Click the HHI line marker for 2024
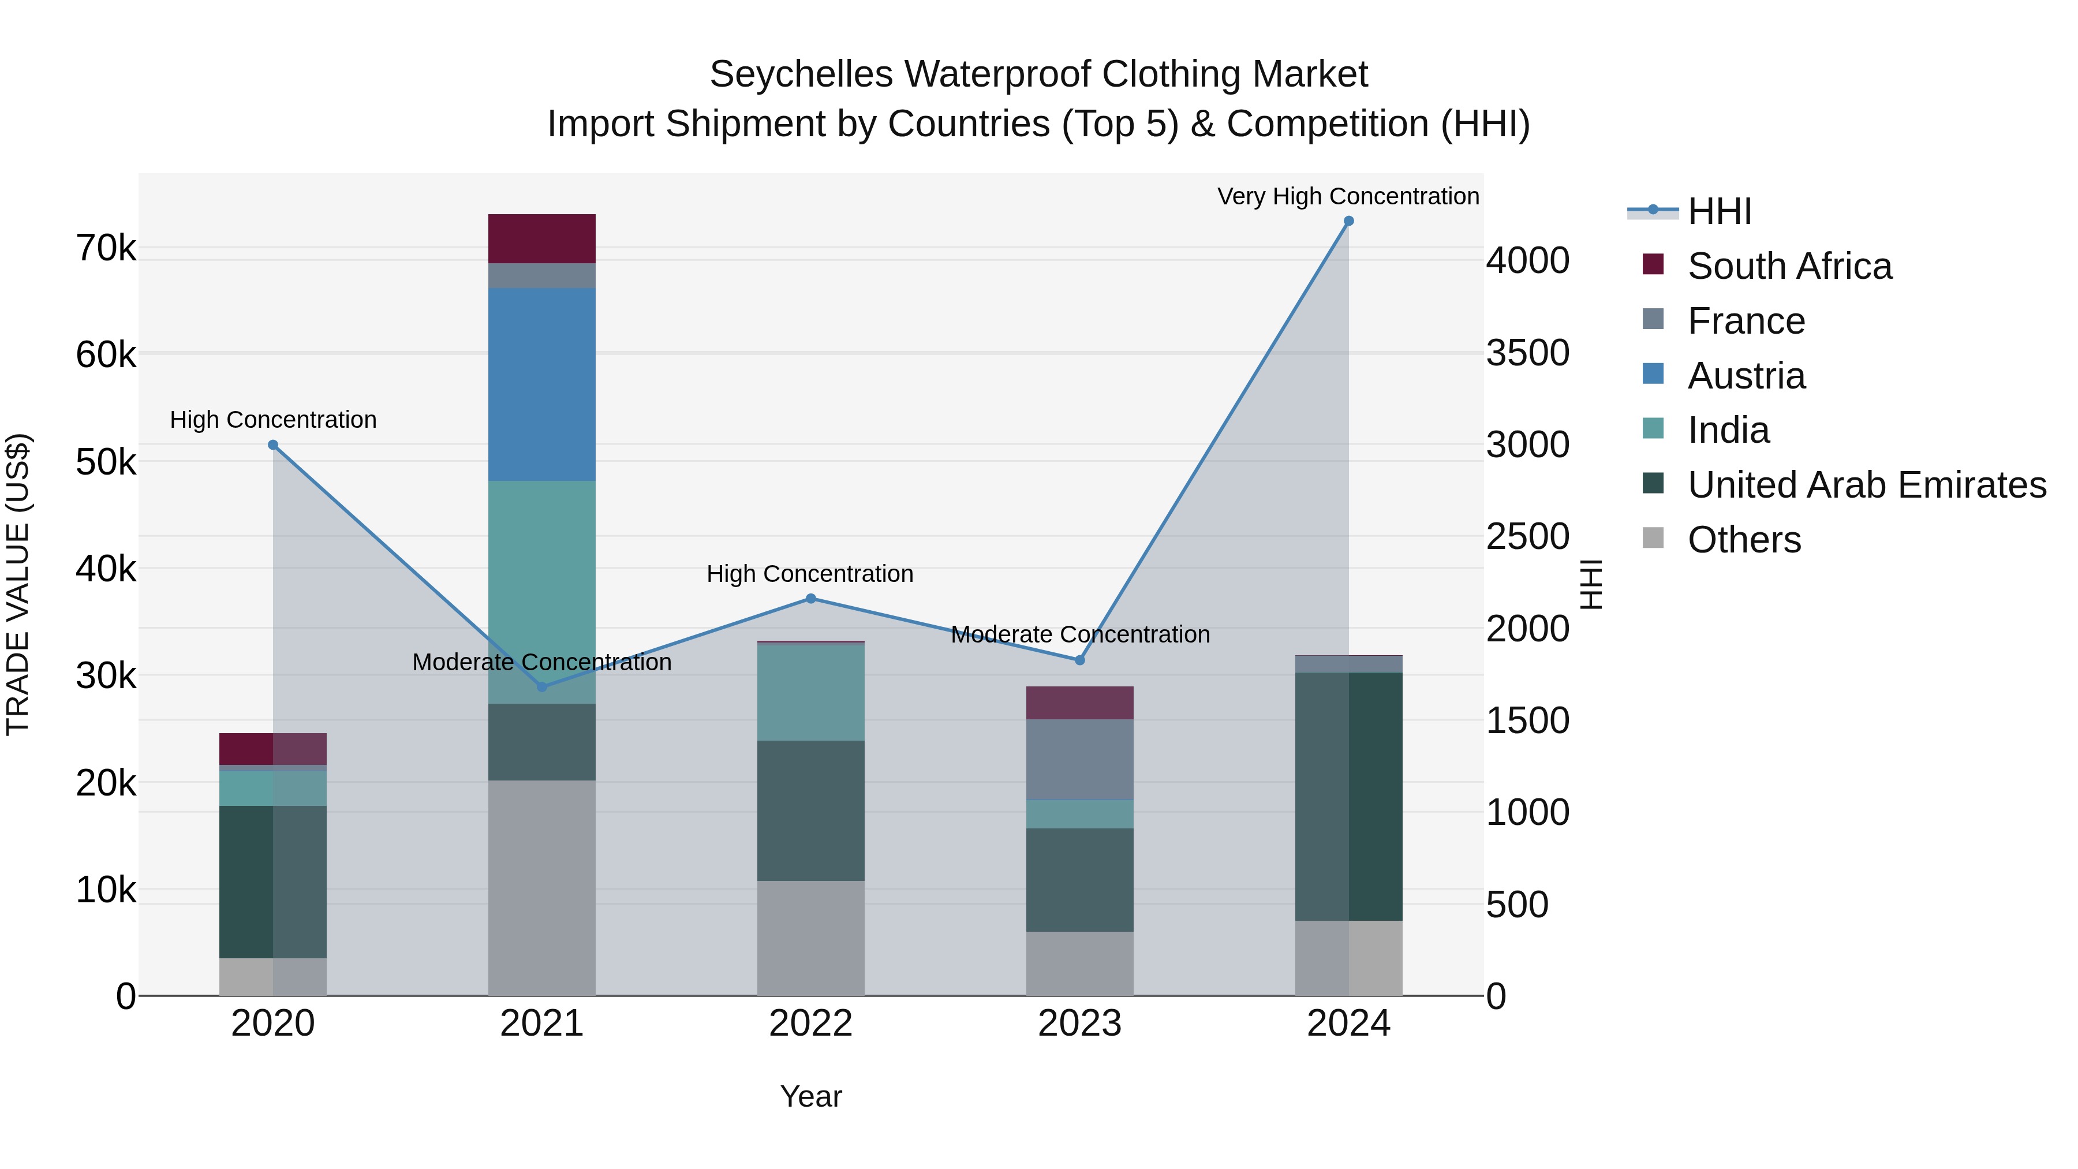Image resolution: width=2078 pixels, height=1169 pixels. coord(1348,221)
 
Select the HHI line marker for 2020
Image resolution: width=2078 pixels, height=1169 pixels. coord(272,445)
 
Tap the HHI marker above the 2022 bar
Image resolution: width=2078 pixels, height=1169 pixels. coord(811,599)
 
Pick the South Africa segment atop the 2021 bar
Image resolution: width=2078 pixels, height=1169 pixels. coord(541,239)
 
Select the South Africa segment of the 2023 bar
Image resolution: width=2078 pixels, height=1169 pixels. coord(1079,703)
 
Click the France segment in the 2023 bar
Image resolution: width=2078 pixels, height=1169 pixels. coord(1079,759)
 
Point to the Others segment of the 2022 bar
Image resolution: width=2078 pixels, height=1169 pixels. coord(811,938)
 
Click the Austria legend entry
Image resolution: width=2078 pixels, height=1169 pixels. coord(1747,376)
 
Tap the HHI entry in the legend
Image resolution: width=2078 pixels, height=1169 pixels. coord(1719,211)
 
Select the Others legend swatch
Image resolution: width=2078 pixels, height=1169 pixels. coord(1653,538)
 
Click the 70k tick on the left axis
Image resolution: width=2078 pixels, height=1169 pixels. coord(106,248)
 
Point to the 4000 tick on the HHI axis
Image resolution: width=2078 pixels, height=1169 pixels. coord(1527,260)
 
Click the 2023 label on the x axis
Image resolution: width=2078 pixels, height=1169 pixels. coord(1079,1024)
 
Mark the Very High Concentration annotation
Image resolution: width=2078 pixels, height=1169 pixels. coord(1348,196)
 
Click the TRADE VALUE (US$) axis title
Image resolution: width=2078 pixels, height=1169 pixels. coord(18,584)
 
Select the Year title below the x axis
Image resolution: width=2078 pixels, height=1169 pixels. coord(811,1096)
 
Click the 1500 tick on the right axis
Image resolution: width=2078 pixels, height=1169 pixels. coord(1527,720)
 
